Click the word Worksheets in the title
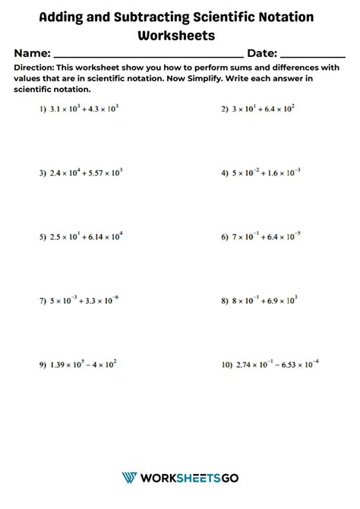pos(177,35)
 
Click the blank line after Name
pos(147,56)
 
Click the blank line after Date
pos(313,56)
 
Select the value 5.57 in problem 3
pos(91,173)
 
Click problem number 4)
pos(225,173)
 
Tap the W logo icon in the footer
pos(128,477)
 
